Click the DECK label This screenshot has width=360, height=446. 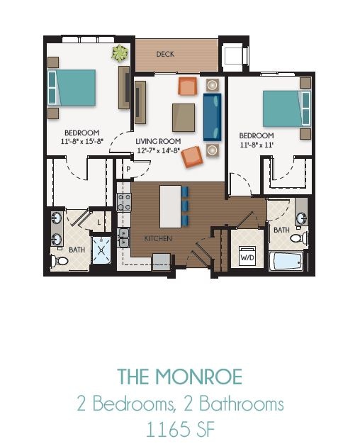click(x=165, y=54)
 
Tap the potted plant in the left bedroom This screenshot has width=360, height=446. click(x=120, y=52)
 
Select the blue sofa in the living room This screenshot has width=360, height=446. click(x=212, y=116)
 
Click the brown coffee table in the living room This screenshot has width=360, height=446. click(x=184, y=117)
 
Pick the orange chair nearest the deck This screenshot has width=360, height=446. click(x=187, y=87)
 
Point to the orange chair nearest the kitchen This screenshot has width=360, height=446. click(x=192, y=157)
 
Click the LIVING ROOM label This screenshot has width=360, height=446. click(x=155, y=141)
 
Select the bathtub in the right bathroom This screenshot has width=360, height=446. click(x=287, y=260)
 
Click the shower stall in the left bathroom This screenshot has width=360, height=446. click(x=102, y=248)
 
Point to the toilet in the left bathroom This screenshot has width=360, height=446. click(x=62, y=262)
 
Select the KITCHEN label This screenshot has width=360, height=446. click(x=158, y=239)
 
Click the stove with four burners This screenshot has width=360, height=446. click(x=124, y=201)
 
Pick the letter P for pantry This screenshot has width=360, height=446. click(x=128, y=169)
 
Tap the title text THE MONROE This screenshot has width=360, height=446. click(x=180, y=375)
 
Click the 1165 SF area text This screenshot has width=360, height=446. click(x=180, y=430)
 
